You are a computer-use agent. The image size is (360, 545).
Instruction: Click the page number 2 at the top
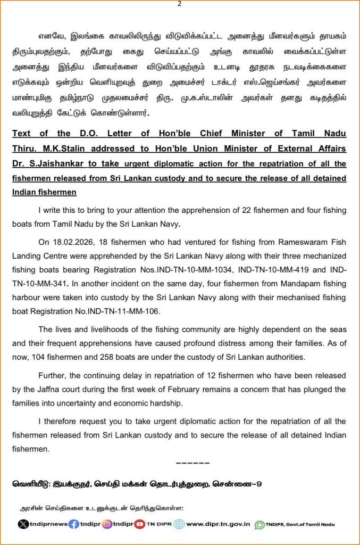coord(179,4)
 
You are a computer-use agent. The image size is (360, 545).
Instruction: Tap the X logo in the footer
coord(22,524)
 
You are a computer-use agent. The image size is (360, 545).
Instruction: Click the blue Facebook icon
coord(74,524)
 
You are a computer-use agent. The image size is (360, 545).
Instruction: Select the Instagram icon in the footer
coord(107,524)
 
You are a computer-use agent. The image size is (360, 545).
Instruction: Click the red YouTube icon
coord(139,524)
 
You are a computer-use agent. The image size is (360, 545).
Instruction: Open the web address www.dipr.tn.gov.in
coord(218,524)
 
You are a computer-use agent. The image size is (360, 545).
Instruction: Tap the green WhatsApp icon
coord(260,524)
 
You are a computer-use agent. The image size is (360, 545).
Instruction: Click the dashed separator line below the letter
coord(192,463)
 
